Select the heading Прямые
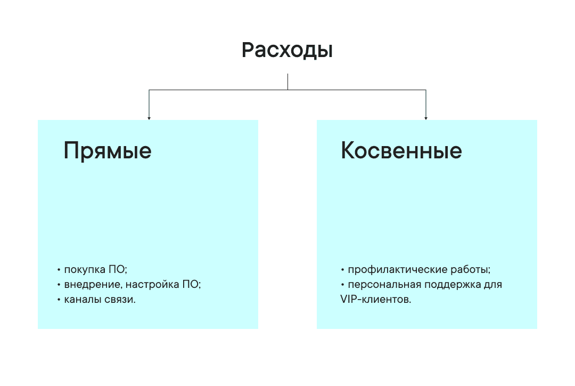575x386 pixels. pyautogui.click(x=108, y=151)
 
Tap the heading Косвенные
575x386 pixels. pyautogui.click(x=401, y=151)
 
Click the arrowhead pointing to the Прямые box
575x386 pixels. pyautogui.click(x=149, y=117)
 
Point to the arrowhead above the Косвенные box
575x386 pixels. pyautogui.click(x=426, y=117)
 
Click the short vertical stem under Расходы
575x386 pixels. pyautogui.click(x=287, y=82)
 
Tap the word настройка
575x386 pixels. pyautogui.click(x=151, y=284)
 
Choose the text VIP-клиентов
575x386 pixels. pyautogui.click(x=375, y=300)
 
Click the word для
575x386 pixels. pyautogui.click(x=494, y=284)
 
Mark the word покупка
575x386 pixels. pyautogui.click(x=84, y=269)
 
